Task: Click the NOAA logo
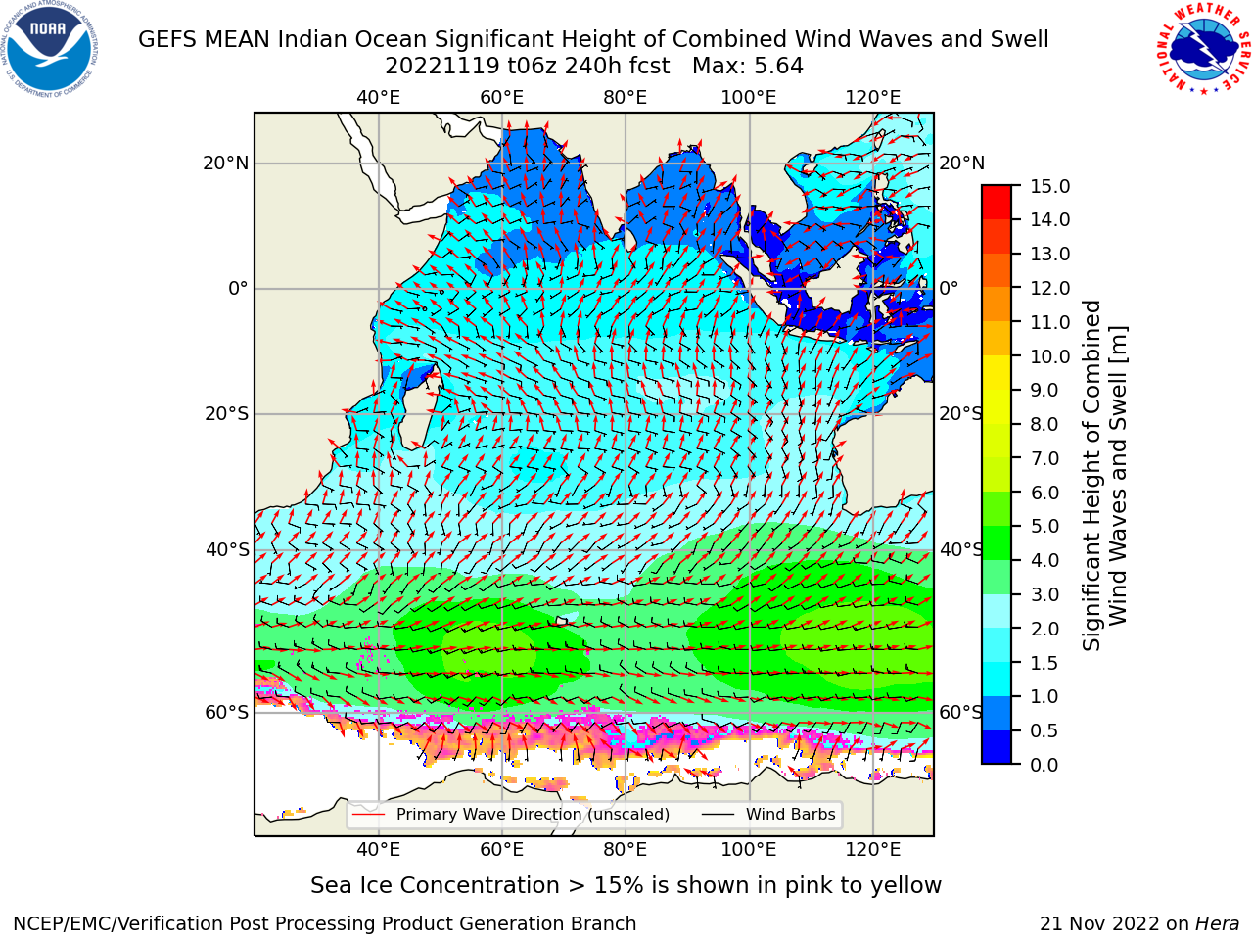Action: (x=50, y=49)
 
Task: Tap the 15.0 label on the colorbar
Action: (x=1049, y=187)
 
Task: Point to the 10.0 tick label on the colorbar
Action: (x=1049, y=356)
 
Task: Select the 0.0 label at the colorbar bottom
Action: (x=1044, y=765)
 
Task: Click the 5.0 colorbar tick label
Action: (x=1044, y=526)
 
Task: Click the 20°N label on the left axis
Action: (x=226, y=164)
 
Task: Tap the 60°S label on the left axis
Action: (x=227, y=712)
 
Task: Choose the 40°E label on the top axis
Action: (x=378, y=98)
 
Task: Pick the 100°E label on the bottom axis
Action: (x=749, y=850)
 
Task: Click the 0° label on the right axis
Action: (x=949, y=288)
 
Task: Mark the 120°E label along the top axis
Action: (x=872, y=98)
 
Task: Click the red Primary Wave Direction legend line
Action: (x=369, y=814)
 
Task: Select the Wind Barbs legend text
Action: (x=791, y=814)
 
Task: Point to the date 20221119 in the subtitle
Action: (x=442, y=67)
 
